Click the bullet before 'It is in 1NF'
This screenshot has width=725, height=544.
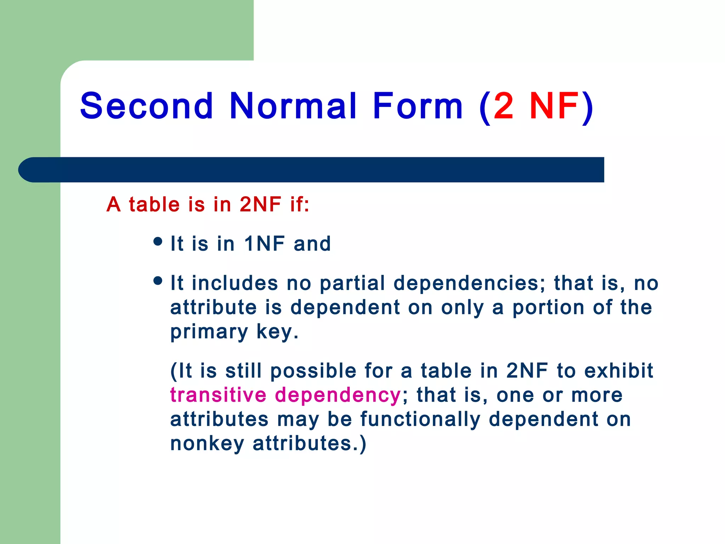[158, 242]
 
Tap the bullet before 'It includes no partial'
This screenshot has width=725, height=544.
[158, 281]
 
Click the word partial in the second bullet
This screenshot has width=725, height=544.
[352, 283]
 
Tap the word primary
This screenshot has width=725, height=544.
[209, 332]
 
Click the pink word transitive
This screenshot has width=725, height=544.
[218, 395]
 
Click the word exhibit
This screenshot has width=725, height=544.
[618, 371]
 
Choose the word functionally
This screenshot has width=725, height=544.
[420, 419]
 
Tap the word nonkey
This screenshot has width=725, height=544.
[207, 443]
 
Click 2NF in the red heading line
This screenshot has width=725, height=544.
[260, 204]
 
